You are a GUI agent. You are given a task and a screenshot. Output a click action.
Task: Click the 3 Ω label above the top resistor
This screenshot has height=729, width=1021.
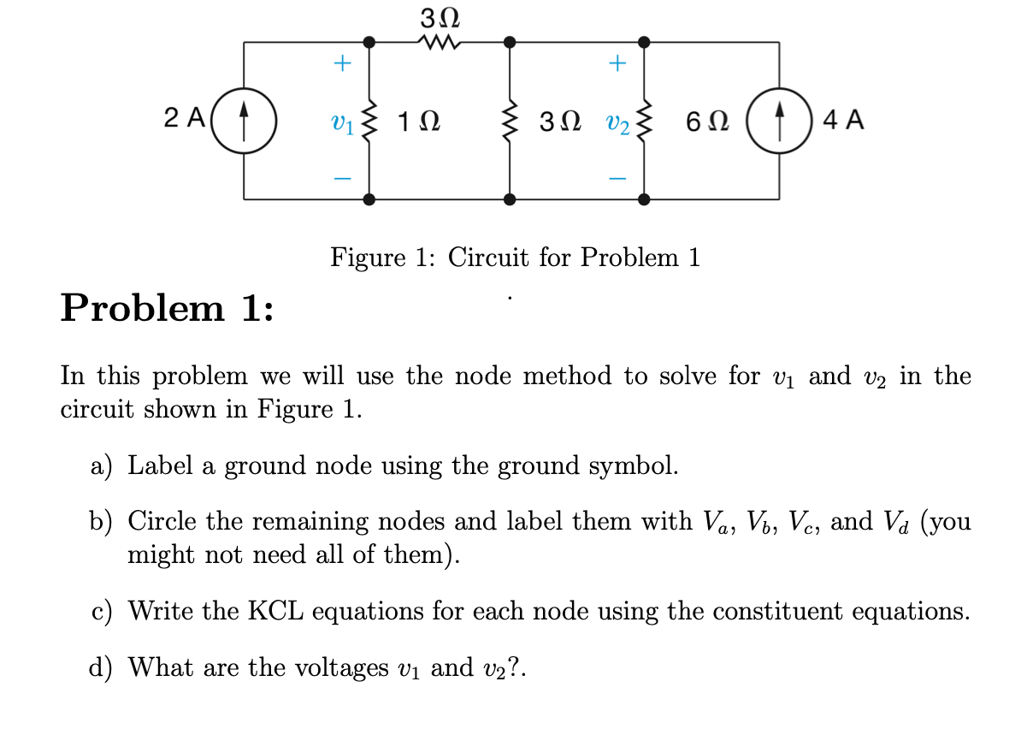pyautogui.click(x=440, y=16)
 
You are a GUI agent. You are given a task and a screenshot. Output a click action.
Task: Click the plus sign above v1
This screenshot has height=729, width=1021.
pyautogui.click(x=341, y=62)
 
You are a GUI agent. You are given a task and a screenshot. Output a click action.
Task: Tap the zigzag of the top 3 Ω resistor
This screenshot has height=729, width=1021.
pyautogui.click(x=440, y=40)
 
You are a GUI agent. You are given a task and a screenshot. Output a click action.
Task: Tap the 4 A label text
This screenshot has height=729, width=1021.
pyautogui.click(x=843, y=119)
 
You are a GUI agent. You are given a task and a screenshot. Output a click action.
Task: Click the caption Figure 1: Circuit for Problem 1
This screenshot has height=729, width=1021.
pyautogui.click(x=515, y=257)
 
